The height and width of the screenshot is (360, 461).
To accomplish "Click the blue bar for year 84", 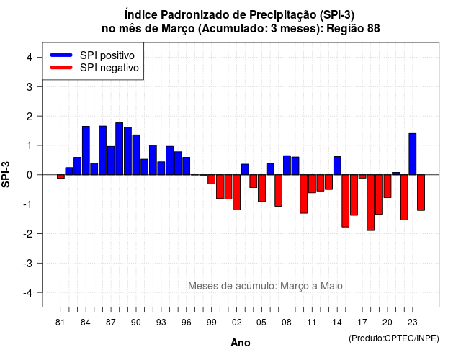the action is [x=86, y=150].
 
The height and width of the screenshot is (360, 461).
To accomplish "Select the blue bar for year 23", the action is [x=413, y=154].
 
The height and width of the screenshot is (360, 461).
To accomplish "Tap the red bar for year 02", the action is [x=237, y=192].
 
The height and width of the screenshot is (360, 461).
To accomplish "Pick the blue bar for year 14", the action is [x=337, y=166].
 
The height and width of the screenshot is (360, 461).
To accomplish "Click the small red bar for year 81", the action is [x=61, y=176].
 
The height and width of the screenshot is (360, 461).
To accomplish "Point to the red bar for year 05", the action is [x=261, y=188].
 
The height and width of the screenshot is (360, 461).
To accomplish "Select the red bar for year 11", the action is [x=312, y=184].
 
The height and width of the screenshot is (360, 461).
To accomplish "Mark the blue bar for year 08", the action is [x=287, y=165].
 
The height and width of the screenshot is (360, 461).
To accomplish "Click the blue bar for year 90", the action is [x=136, y=155].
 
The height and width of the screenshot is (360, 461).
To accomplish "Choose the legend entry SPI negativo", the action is [x=94, y=68].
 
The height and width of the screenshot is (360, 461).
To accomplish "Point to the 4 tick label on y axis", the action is [x=30, y=57].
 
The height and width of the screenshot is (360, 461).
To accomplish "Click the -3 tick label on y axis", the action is [x=28, y=263].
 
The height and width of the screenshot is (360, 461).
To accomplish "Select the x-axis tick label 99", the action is [x=211, y=323].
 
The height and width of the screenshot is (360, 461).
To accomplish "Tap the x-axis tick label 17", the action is [x=362, y=323].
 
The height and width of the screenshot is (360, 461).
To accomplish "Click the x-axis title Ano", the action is [x=241, y=343].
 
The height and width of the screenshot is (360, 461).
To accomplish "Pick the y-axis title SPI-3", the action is [x=6, y=174].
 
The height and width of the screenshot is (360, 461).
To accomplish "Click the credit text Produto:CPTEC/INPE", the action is [x=394, y=338].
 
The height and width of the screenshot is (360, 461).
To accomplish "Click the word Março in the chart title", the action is [x=178, y=29].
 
